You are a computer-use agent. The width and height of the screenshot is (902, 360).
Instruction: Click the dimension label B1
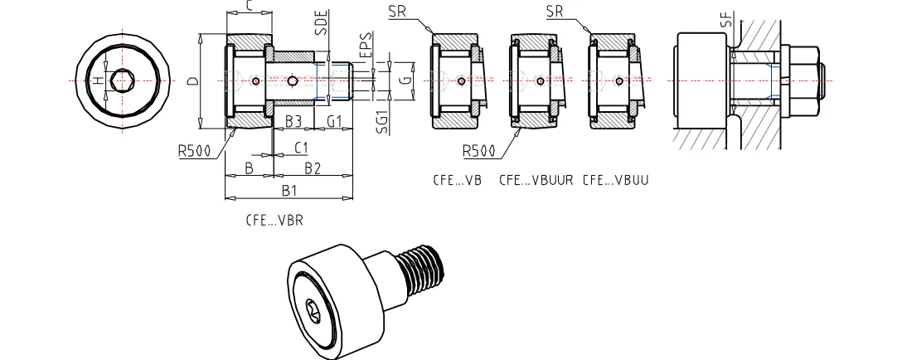tap(289, 191)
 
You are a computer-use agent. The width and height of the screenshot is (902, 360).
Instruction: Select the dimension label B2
tap(312, 168)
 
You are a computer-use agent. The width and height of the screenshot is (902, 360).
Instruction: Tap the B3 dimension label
tap(293, 122)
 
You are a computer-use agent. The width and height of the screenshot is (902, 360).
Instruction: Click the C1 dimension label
tap(302, 148)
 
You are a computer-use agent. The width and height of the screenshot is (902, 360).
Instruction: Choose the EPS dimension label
tap(365, 44)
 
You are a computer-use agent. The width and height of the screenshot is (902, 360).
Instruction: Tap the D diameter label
tap(192, 81)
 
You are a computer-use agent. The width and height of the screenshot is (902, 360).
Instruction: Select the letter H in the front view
tap(97, 80)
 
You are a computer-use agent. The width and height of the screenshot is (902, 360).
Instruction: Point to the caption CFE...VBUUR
tap(536, 179)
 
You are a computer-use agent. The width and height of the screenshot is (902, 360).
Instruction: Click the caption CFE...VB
tap(456, 179)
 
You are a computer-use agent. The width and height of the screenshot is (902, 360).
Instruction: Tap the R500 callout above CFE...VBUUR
tap(478, 151)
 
